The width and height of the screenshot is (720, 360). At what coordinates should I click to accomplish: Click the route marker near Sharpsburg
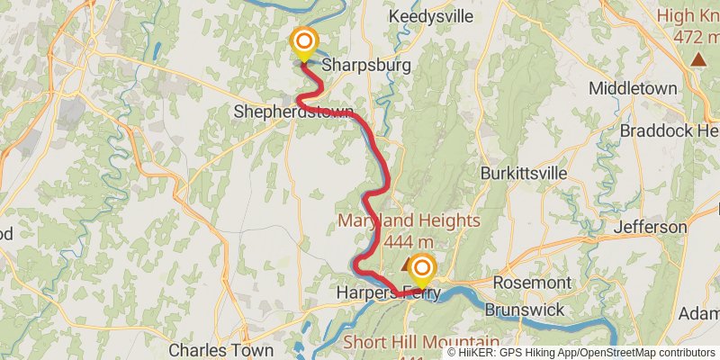pos(304,42)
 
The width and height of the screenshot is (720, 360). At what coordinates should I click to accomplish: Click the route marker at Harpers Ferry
pos(419,269)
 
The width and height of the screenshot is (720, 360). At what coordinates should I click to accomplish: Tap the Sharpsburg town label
pos(365,66)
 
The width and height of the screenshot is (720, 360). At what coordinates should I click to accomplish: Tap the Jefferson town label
pos(650,227)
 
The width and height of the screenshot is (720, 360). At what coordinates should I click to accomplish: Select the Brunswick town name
pos(524,310)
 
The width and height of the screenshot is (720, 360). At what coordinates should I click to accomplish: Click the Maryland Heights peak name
pos(409,221)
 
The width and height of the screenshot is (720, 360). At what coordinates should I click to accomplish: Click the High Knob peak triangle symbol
pos(698,60)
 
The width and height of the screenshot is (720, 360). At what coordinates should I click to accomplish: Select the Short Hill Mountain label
pos(421,343)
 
